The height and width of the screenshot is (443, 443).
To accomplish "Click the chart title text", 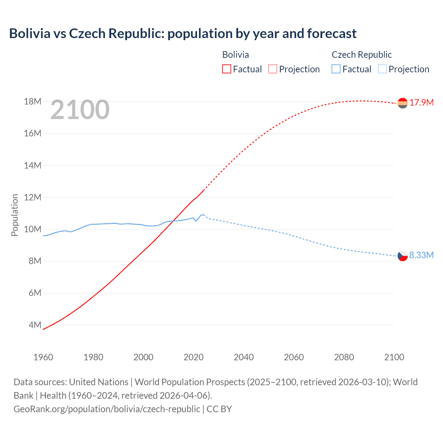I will click(183, 34).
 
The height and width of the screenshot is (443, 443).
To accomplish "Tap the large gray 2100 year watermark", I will click(80, 110).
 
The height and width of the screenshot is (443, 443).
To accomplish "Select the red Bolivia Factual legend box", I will click(226, 69).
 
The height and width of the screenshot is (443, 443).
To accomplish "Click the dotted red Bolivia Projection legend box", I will click(273, 69).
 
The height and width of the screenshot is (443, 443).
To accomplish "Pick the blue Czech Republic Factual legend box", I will click(336, 69).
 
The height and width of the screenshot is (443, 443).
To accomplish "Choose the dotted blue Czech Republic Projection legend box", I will click(382, 69).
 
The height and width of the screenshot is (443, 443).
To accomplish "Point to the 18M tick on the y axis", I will click(33, 101).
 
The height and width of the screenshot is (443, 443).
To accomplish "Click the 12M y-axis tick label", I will click(33, 197).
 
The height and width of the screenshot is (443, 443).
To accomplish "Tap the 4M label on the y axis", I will click(35, 325).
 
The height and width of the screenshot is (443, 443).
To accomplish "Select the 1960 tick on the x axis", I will click(43, 357).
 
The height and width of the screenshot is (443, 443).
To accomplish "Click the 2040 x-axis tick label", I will click(244, 357).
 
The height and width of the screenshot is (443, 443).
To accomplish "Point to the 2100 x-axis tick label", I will click(394, 357).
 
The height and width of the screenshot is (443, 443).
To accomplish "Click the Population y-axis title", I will click(15, 215).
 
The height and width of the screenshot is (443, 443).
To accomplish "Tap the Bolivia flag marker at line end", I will click(403, 103).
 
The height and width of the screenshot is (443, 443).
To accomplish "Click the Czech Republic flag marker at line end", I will click(403, 256).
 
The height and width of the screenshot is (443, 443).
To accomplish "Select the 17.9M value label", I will click(422, 103).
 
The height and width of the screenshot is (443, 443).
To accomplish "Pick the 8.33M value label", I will click(421, 255).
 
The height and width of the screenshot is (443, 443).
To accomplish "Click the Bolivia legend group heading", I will click(235, 55).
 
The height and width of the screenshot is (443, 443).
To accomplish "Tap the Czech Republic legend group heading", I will click(362, 55).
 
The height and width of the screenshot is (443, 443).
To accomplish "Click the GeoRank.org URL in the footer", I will click(107, 409).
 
